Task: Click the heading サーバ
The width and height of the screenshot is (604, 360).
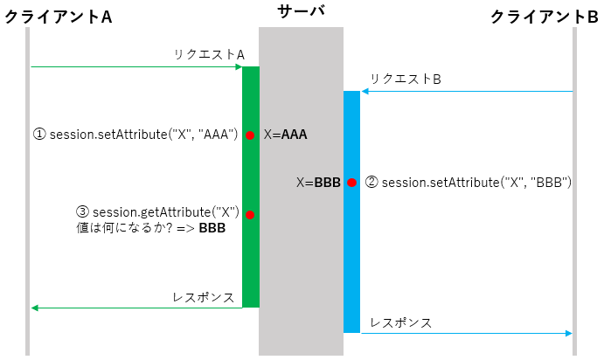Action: pyautogui.click(x=301, y=10)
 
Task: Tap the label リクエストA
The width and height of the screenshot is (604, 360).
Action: pyautogui.click(x=207, y=54)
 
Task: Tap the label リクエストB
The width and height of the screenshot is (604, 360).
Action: pyautogui.click(x=405, y=79)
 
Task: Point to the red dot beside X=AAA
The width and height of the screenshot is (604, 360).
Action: pyautogui.click(x=250, y=135)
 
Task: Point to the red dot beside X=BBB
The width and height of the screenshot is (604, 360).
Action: pyautogui.click(x=351, y=183)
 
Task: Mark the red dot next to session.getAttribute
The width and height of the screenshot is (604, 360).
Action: pyautogui.click(x=250, y=214)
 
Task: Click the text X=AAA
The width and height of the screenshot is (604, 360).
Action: pyautogui.click(x=286, y=135)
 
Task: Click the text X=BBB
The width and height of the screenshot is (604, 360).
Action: pyautogui.click(x=318, y=183)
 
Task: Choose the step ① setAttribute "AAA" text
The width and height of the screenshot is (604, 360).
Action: pyautogui.click(x=135, y=135)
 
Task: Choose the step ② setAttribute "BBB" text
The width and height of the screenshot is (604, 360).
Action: pyautogui.click(x=468, y=183)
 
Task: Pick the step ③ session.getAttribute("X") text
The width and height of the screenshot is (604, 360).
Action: pyautogui.click(x=158, y=212)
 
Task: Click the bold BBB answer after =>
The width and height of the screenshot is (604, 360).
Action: pyautogui.click(x=212, y=229)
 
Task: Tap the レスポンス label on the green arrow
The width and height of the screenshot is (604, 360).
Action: pyautogui.click(x=204, y=296)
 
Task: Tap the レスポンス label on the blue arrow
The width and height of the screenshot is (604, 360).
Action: pyautogui.click(x=400, y=322)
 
